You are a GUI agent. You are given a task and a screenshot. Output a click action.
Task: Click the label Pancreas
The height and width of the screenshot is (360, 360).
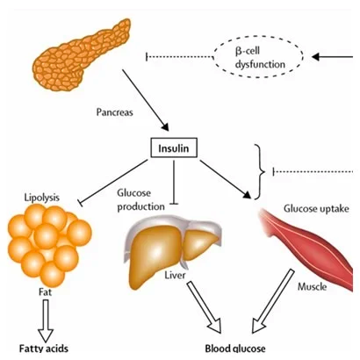click(115, 112)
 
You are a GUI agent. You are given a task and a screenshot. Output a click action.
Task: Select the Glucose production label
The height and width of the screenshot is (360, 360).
click(140, 199)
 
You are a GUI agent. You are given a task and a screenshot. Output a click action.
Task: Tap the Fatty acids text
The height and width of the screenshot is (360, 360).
click(45, 349)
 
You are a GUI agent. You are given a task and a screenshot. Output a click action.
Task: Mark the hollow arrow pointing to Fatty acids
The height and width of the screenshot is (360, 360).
click(45, 315)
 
